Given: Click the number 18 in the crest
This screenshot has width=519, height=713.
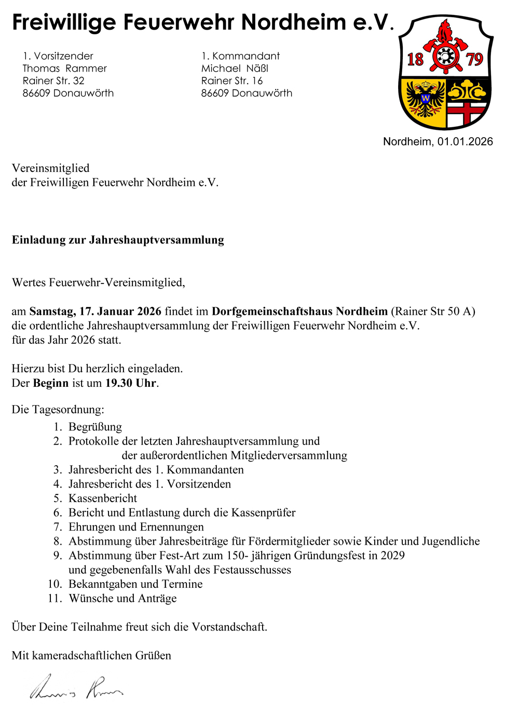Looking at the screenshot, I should coord(415,60).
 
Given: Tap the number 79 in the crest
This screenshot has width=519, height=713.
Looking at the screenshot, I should coord(474,60).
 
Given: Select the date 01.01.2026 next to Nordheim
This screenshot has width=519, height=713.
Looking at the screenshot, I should coord(465,142).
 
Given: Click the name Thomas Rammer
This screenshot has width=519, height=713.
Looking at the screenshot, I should coord(65,69).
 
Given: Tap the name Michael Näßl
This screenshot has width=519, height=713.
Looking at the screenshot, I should coord(235,69).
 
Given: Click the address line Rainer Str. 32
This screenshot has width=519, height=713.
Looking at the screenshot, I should coord(53,81).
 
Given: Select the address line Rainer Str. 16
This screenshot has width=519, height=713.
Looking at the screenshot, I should coord(232,81).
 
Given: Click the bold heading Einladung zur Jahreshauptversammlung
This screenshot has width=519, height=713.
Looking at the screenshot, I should coord(118,240).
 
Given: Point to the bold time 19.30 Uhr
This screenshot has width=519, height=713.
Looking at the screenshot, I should coord(131,383).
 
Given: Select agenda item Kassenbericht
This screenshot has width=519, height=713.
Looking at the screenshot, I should coord(103,499).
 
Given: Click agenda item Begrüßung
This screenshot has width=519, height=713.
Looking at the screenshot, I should coord(95,427).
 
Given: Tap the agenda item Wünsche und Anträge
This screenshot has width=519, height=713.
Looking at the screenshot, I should coord(122,599).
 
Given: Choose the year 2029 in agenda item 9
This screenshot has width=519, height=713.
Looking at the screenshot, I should coord(392,556).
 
